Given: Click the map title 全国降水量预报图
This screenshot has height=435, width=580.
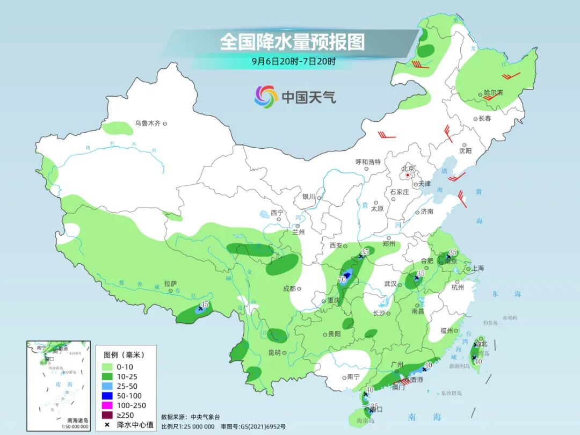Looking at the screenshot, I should [x=292, y=41].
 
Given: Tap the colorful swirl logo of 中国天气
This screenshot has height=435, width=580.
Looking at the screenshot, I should [x=265, y=97].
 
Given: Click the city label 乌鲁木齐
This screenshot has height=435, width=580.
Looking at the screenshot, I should [x=147, y=124].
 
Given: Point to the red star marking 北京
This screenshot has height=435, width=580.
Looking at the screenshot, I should [x=408, y=175].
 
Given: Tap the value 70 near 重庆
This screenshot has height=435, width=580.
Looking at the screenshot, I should [x=342, y=280].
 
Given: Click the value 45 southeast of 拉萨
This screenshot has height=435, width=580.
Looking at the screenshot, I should [x=204, y=304].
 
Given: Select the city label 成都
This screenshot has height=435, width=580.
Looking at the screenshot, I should [x=289, y=288].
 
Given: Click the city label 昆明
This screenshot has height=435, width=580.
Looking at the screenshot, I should [x=274, y=353].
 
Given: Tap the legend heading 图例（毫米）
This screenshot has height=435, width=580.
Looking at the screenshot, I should [x=124, y=355].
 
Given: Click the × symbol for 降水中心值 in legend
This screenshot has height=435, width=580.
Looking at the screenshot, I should [x=107, y=425].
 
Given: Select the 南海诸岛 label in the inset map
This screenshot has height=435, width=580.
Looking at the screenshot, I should [x=77, y=420].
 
